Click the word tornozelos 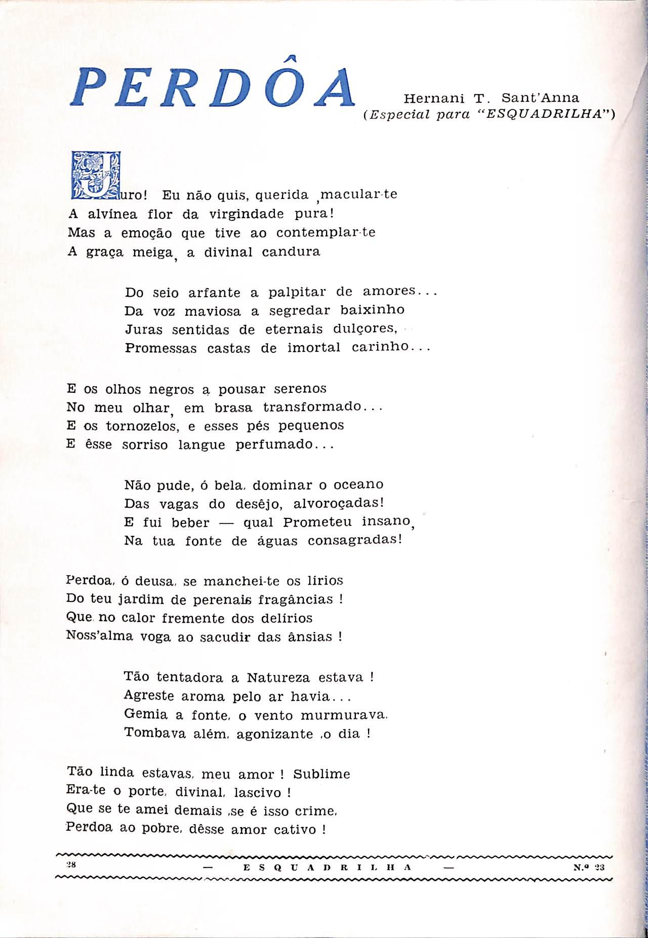(x=135, y=427)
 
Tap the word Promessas (x=160, y=349)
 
